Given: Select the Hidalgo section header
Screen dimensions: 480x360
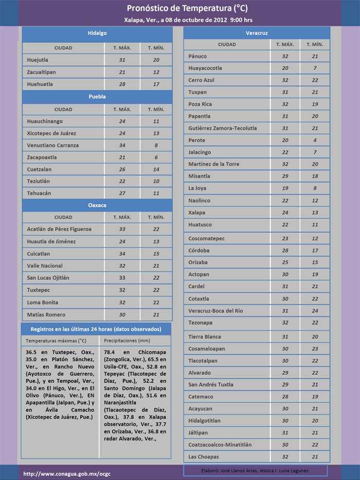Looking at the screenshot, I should [x=97, y=33].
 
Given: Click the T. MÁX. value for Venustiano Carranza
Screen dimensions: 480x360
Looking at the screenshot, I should [x=122, y=145].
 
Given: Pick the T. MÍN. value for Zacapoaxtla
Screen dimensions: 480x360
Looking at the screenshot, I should [x=156, y=157].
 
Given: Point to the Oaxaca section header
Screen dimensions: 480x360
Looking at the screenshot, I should [x=97, y=205].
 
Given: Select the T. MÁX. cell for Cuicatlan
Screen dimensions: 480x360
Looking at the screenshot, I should [x=122, y=254].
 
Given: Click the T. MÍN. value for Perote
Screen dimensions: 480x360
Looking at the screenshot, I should [x=315, y=140].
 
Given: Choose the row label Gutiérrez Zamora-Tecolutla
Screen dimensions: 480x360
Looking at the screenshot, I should [x=222, y=128].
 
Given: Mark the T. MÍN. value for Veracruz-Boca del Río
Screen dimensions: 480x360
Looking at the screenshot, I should [x=315, y=311].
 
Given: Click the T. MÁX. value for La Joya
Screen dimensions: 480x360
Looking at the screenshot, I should [x=285, y=189].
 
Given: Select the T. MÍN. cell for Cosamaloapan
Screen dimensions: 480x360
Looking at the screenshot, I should [x=315, y=348].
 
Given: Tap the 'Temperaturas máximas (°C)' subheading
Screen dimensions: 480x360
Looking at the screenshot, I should [x=56, y=341].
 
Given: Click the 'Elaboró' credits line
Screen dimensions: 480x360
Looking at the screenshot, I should [x=255, y=471].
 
